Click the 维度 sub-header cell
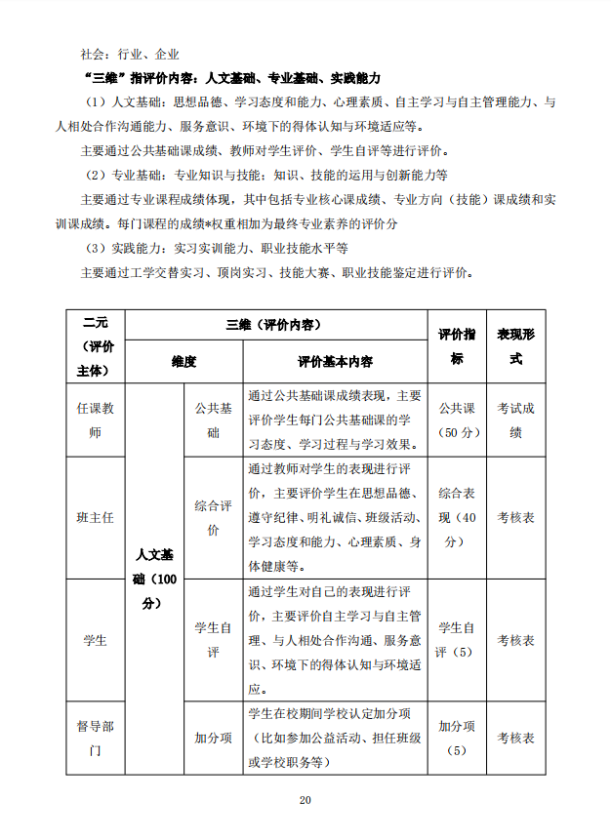coord(183,361)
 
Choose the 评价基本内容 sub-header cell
coord(335,361)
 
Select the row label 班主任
coord(96,517)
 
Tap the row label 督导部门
coord(96,739)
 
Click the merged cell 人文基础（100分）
coord(154,579)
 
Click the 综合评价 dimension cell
coord(213,517)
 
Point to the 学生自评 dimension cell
coord(213,639)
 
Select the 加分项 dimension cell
coord(213,739)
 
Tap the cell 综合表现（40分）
coord(456,517)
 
